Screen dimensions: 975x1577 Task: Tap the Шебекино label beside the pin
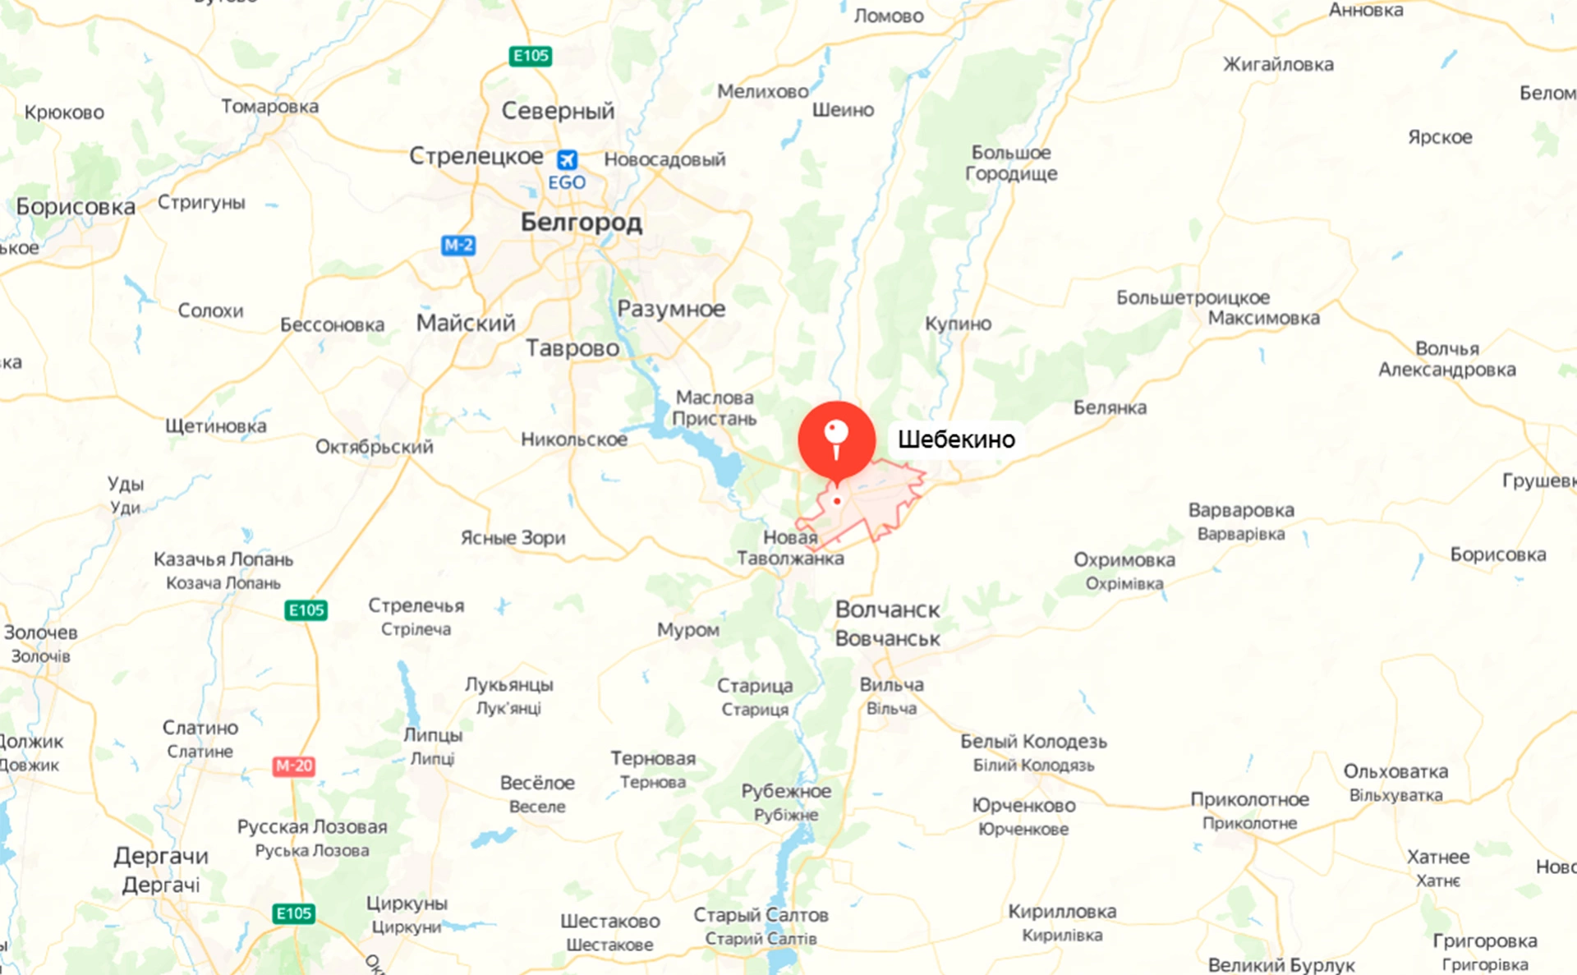coord(956,439)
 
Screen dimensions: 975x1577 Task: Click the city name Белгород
coord(581,222)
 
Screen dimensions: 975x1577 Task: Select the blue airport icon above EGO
coord(567,159)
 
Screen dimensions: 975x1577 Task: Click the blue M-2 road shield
coord(457,245)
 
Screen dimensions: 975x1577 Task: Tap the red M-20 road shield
coord(293,766)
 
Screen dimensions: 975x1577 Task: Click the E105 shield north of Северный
coord(530,56)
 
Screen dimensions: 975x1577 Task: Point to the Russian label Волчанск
coord(887,609)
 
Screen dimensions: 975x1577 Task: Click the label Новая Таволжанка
coord(790,548)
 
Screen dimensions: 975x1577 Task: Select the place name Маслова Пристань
coord(714,408)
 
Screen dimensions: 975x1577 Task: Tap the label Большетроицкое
coord(1192,297)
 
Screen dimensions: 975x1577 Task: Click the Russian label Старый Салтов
coord(761,914)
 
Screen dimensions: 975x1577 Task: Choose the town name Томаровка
coord(269,106)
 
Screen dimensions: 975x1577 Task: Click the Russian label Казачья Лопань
coord(223,559)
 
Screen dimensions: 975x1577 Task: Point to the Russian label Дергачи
coord(161,856)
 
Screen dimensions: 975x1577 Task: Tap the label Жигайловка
coord(1278,64)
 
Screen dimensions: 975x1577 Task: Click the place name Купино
coord(958,324)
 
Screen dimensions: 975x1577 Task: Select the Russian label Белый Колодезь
coord(1033,741)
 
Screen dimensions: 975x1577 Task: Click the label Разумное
coord(671,309)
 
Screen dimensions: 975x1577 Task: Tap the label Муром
coord(687,630)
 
